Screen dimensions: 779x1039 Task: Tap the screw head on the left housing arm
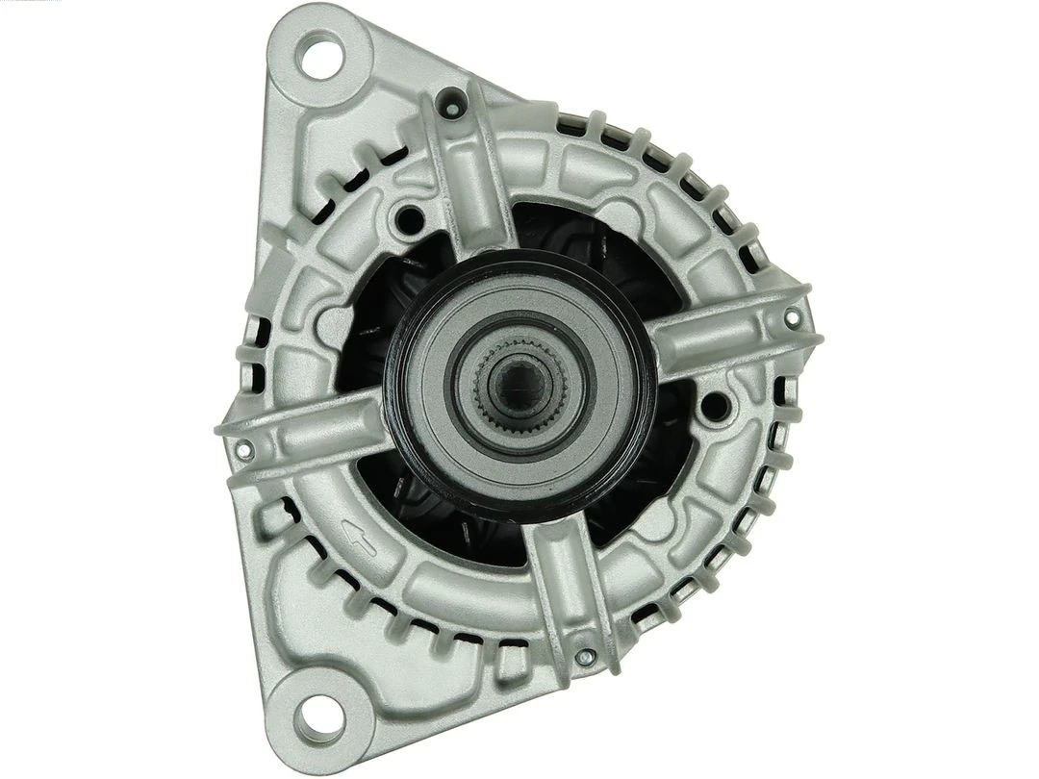pos(244,448)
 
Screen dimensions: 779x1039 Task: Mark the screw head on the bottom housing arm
pos(584,657)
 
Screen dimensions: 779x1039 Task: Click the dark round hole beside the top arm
pos(410,220)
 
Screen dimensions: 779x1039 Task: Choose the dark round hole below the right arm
pos(714,407)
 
